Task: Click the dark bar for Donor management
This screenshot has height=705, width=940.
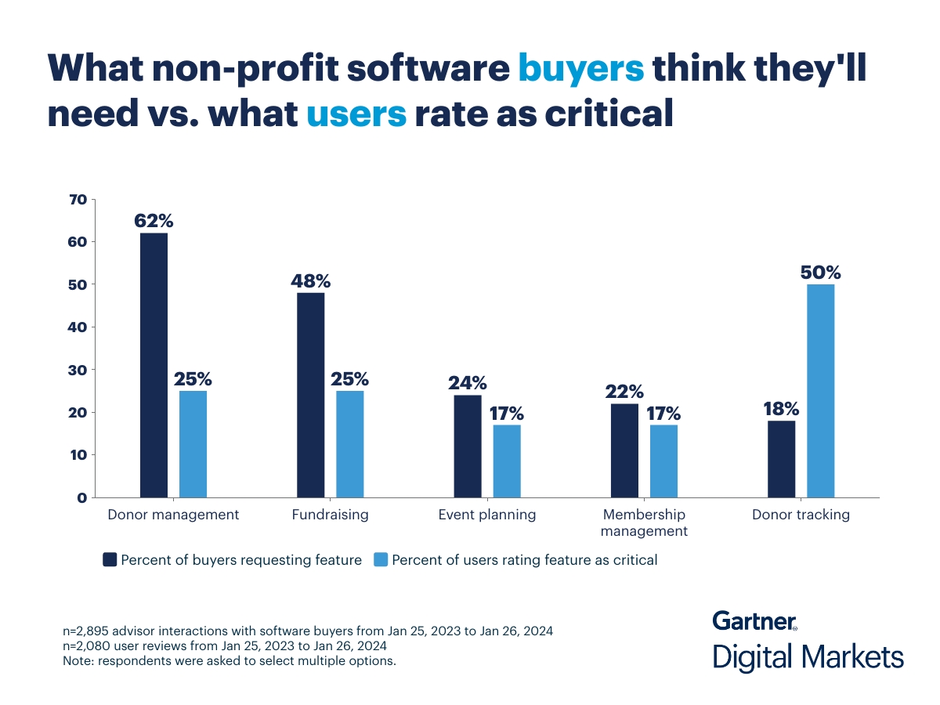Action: pyautogui.click(x=154, y=365)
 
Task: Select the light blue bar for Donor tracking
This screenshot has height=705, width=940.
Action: pyautogui.click(x=820, y=390)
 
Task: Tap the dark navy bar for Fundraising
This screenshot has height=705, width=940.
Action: pyautogui.click(x=310, y=395)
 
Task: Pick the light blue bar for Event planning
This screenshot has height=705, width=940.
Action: pyautogui.click(x=506, y=461)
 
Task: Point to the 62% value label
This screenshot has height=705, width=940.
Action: pyautogui.click(x=154, y=221)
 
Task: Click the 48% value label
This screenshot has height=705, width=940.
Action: pyautogui.click(x=311, y=280)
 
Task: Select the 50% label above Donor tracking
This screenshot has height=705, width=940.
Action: pyautogui.click(x=820, y=273)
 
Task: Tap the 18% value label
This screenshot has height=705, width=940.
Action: pyautogui.click(x=780, y=408)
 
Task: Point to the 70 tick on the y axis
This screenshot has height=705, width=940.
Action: pyautogui.click(x=78, y=200)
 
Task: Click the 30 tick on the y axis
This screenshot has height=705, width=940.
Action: pyautogui.click(x=78, y=370)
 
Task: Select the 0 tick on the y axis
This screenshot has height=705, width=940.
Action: pyautogui.click(x=81, y=497)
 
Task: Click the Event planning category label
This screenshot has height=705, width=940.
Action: pyautogui.click(x=487, y=515)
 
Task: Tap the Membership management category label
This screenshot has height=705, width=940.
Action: pyautogui.click(x=644, y=522)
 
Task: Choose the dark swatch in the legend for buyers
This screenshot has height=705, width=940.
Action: pyautogui.click(x=110, y=559)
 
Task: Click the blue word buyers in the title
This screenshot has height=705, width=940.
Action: pyautogui.click(x=580, y=68)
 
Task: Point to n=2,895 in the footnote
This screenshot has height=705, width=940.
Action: pyautogui.click(x=89, y=631)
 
